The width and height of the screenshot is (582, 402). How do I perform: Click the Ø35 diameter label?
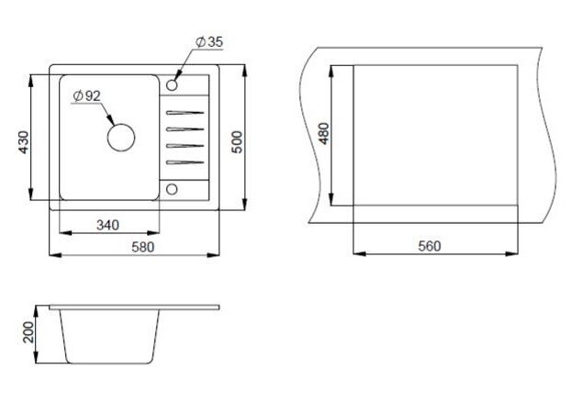click(x=209, y=42)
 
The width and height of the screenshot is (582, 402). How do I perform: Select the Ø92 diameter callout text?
click(x=87, y=96)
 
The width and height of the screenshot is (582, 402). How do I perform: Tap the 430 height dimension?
click(x=24, y=142)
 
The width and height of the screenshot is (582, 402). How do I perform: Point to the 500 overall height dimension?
click(x=237, y=142)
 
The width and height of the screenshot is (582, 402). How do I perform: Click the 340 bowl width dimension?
click(x=107, y=225)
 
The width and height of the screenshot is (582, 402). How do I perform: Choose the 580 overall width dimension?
click(x=143, y=247)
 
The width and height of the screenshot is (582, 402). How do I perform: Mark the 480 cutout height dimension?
click(x=324, y=134)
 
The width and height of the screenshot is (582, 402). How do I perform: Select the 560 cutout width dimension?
click(x=430, y=246)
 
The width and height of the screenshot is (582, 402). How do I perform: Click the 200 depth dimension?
click(x=28, y=332)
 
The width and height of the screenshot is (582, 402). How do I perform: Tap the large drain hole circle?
click(x=121, y=137)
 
